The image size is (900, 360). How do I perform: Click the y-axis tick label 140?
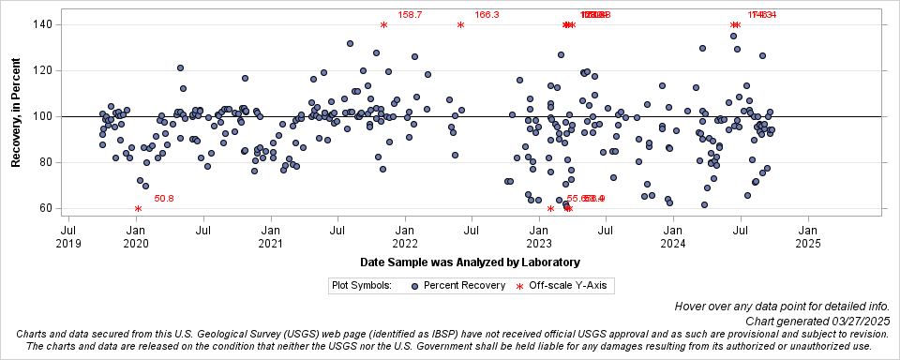coord(42,24)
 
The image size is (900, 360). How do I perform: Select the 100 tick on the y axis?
coord(42,117)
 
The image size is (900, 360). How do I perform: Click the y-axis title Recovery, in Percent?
coord(16,117)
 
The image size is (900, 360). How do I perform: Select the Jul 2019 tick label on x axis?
coord(68,234)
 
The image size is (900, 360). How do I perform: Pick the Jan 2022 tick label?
coord(405,234)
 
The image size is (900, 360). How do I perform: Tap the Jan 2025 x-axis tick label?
coord(808,234)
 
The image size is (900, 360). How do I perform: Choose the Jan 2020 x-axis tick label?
coord(136,234)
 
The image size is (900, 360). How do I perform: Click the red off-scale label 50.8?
coord(164,199)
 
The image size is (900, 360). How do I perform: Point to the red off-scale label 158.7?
coord(411,15)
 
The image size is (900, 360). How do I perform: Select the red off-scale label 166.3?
coord(487,15)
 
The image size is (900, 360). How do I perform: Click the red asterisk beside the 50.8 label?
coord(138,209)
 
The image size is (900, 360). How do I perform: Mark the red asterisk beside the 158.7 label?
coord(383,25)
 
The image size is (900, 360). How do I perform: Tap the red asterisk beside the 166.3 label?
coord(460,25)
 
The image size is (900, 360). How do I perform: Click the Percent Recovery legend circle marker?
coord(413,285)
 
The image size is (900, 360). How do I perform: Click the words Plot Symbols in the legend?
coord(361,285)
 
